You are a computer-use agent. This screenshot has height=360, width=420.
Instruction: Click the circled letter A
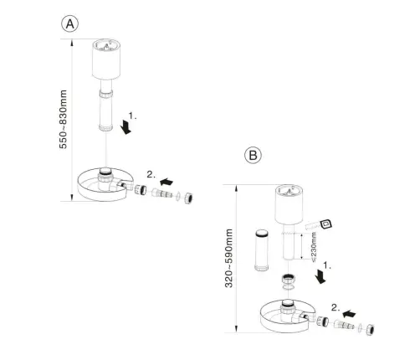pos(69,24)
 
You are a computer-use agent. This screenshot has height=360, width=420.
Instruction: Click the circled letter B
pos(253,155)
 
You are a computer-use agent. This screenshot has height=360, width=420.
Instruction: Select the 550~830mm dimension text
pos(64,120)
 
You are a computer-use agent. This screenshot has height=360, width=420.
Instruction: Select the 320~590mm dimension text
pos(229,258)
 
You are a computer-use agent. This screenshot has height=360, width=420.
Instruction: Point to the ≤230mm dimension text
pos(314,247)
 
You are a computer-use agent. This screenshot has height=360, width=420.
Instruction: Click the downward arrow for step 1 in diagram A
pos(125,126)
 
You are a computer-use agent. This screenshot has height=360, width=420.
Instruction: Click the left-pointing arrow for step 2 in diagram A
pos(166,182)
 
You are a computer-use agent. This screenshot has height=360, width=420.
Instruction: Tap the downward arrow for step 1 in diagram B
pos(320,276)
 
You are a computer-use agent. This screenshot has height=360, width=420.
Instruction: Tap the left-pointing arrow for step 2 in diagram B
pos(349,314)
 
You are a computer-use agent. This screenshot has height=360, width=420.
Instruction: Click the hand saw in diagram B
pos(319,224)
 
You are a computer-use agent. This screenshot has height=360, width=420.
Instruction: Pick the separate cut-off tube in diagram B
pos(262,250)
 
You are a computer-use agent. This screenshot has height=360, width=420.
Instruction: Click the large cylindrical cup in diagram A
pos(106,59)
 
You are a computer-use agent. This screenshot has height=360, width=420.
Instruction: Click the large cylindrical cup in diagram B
pos(289,205)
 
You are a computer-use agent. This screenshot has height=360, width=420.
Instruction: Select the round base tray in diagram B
pos(288,316)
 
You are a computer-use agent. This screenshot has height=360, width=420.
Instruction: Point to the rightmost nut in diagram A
pos(188,198)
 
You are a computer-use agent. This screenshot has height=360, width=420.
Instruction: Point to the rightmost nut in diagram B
pos(370,330)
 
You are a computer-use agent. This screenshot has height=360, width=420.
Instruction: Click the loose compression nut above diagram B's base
pos(289,280)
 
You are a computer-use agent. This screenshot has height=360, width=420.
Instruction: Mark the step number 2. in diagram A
pos(151,175)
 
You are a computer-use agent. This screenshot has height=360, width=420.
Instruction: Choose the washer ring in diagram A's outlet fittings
pos(177,195)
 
